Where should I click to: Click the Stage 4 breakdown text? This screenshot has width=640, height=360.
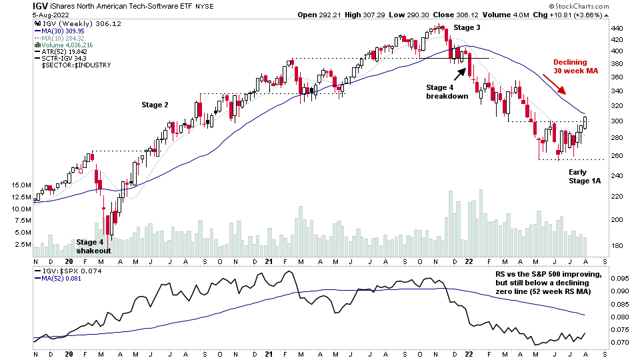click(x=447, y=91)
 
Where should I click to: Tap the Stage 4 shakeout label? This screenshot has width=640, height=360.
click(x=93, y=246)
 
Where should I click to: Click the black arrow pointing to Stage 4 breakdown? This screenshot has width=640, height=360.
click(x=461, y=73)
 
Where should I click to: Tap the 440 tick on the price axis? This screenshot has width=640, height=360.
click(x=617, y=29)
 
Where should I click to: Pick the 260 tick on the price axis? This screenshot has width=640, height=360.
click(x=617, y=157)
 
